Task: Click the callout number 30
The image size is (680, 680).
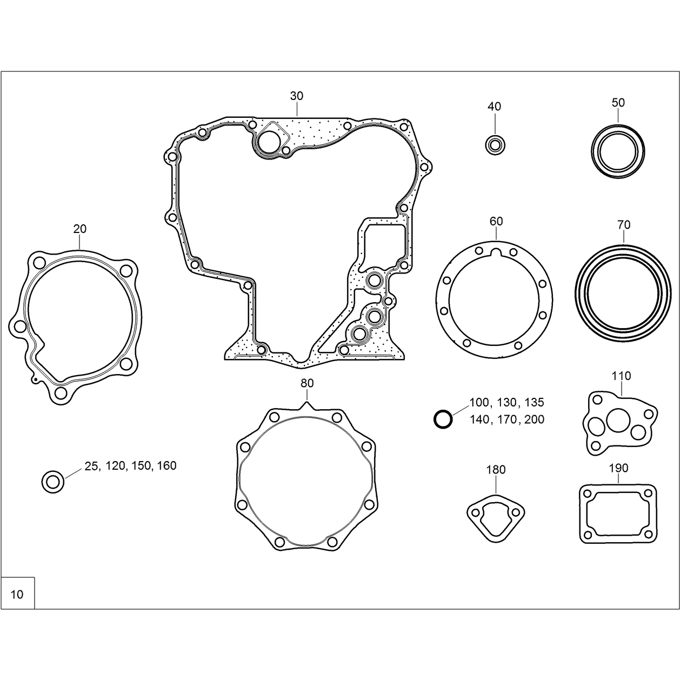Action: tap(297, 96)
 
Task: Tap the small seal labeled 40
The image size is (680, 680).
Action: tap(495, 145)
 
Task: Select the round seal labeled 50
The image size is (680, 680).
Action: tap(618, 151)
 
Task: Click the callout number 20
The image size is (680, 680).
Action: tap(80, 229)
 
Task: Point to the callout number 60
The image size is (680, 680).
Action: tap(496, 221)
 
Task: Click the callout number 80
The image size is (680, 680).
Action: tap(307, 383)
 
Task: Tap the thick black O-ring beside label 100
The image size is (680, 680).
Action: tap(443, 419)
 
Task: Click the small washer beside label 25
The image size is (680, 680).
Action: tap(53, 482)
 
